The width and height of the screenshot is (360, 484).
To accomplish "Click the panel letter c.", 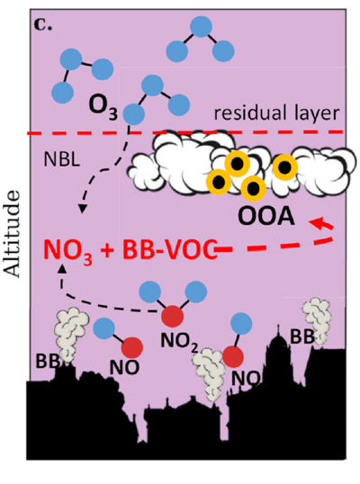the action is [x=43, y=25].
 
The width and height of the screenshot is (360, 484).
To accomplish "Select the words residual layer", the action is [x=276, y=113].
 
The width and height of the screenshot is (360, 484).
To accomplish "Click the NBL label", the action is [x=62, y=160].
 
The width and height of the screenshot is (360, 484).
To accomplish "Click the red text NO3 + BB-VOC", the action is [x=130, y=250].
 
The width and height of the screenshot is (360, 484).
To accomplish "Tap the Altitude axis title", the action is [x=13, y=234].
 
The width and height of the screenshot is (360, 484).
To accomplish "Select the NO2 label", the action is [x=179, y=343].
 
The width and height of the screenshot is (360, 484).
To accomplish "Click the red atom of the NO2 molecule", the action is [x=173, y=317].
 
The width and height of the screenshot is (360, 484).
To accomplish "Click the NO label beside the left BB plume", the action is [x=124, y=367].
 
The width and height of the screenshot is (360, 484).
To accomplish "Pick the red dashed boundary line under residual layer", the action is [x=185, y=133].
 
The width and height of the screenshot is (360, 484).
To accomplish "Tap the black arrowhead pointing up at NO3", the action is [x=63, y=269].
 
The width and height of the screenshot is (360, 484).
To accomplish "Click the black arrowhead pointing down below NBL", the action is [x=82, y=209].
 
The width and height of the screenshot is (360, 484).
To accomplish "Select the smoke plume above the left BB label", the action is [x=71, y=334].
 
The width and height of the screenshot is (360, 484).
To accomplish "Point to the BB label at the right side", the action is [x=302, y=337].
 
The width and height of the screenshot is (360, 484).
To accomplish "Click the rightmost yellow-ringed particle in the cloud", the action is [x=284, y=167].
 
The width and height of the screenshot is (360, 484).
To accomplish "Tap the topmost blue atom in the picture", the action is [x=202, y=27].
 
